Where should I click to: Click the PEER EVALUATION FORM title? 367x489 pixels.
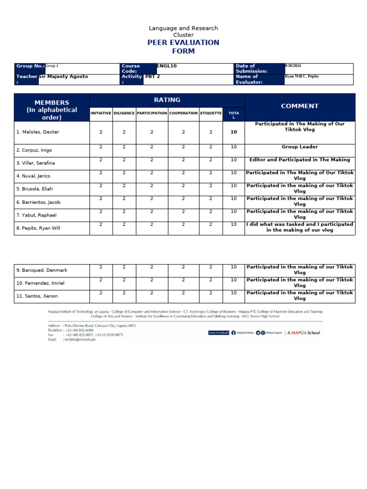tap(183, 47)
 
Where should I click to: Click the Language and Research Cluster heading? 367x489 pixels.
tap(183, 32)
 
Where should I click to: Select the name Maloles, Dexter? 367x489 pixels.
tap(38, 132)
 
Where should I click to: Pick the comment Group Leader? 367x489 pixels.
tap(300, 147)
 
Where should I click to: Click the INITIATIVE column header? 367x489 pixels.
tap(101, 113)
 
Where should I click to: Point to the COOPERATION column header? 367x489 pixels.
tap(183, 113)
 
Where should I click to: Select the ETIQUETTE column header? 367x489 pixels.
tap(211, 113)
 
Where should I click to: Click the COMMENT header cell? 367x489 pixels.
tap(300, 106)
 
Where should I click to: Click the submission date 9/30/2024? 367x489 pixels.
tap(293, 66)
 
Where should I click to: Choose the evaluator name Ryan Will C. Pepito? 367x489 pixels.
tap(302, 76)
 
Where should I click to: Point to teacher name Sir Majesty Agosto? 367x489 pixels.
tap(64, 76)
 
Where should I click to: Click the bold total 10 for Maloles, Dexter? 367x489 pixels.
tap(234, 132)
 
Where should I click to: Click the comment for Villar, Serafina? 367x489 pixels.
tap(300, 160)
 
